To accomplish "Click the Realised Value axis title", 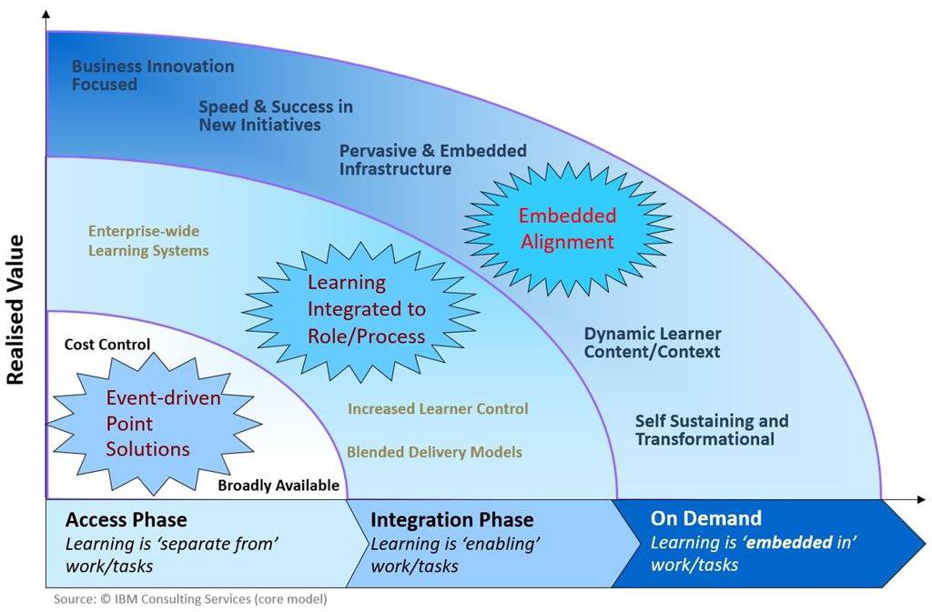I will [x=15, y=309].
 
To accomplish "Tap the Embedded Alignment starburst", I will [x=566, y=229].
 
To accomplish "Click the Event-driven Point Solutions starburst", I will [x=147, y=423].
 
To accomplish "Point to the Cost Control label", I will [x=107, y=345].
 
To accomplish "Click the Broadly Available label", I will [x=278, y=486].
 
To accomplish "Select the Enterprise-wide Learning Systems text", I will [x=148, y=241].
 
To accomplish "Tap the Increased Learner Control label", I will [x=437, y=409].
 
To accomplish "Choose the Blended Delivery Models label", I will [x=434, y=452].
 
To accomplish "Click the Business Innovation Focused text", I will [x=152, y=75].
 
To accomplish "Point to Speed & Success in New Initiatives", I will [x=275, y=115].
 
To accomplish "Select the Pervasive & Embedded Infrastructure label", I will [x=432, y=160].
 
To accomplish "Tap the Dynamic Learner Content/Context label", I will [x=652, y=343].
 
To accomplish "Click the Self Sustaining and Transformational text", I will [x=711, y=430].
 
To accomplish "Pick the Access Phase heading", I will [x=126, y=520].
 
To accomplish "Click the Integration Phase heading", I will [x=451, y=520].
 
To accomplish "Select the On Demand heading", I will [x=705, y=518].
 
